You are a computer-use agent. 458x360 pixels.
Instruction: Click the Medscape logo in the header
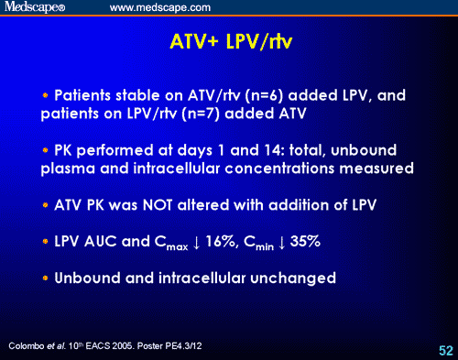click(x=38, y=8)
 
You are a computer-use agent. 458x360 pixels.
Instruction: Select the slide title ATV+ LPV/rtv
click(x=229, y=43)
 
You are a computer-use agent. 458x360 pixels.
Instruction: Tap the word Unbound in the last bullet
click(x=88, y=278)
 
